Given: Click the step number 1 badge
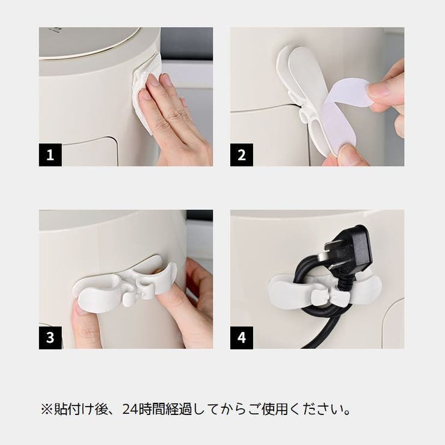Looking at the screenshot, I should pos(51,155).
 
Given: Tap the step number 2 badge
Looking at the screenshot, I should pos(241,155).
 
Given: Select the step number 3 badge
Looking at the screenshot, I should pos(51,337).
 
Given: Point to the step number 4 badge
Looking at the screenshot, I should pos(241,337).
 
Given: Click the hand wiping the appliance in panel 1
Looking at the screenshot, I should pos(174,117).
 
